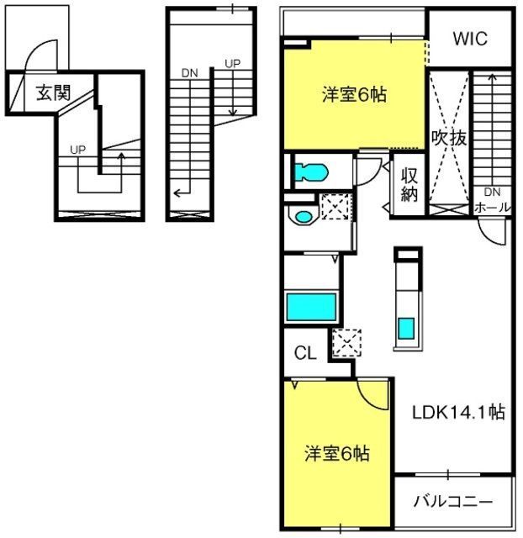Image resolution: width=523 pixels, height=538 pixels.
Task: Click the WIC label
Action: (x=469, y=39)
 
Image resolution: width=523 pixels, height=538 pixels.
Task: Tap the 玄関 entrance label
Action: (x=52, y=92)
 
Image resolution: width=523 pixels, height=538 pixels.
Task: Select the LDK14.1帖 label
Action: (x=458, y=413)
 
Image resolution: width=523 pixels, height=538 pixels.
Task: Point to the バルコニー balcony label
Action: (x=452, y=502)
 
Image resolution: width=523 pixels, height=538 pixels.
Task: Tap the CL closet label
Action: (x=304, y=353)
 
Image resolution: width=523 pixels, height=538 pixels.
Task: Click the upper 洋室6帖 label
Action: (x=354, y=95)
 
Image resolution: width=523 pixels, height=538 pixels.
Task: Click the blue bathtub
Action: (x=311, y=308)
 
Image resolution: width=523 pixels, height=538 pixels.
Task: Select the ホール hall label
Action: (x=490, y=205)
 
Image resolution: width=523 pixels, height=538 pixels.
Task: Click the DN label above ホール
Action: (x=491, y=193)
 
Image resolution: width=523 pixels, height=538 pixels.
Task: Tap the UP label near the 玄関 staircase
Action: (x=78, y=150)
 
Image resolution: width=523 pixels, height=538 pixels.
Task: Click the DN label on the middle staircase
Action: (x=189, y=73)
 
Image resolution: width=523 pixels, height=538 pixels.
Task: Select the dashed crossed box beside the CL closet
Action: (x=346, y=342)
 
